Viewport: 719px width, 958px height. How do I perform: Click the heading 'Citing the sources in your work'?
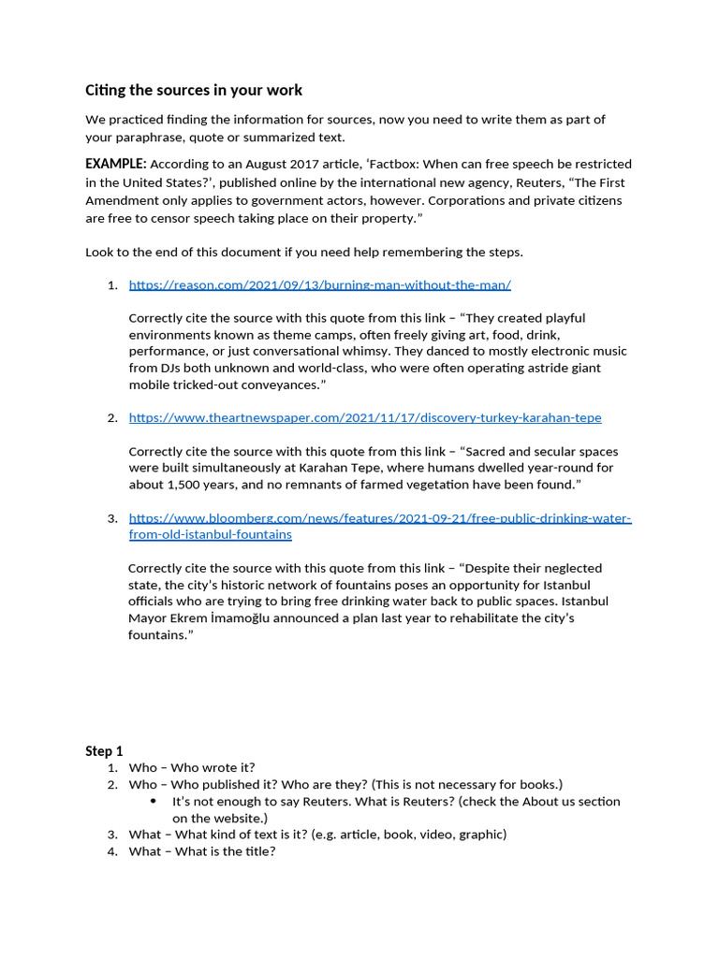click(194, 91)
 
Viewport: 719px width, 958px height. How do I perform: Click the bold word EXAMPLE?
click(115, 164)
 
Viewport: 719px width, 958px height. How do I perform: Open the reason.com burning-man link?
click(319, 284)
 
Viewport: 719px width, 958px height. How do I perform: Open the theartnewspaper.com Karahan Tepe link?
click(365, 417)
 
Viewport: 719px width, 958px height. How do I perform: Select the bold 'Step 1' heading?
click(104, 751)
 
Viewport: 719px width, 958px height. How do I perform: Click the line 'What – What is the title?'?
click(202, 851)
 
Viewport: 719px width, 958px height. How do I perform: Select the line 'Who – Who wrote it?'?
click(192, 767)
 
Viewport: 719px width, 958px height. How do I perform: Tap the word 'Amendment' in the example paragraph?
click(122, 200)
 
